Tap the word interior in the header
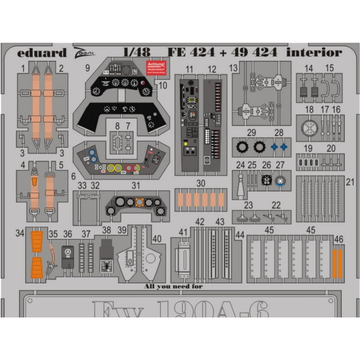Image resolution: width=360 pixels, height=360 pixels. click(x=315, y=52)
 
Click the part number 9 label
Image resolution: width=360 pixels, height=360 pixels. click(x=87, y=67)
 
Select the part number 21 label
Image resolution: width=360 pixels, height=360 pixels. click(x=350, y=181)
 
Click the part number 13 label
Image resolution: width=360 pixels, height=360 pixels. click(x=234, y=68)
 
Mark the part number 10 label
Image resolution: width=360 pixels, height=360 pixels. click(x=164, y=84)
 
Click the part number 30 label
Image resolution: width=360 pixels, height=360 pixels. click(x=201, y=183)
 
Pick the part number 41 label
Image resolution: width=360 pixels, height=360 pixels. click(x=183, y=232)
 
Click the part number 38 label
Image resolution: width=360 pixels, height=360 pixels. click(x=106, y=230)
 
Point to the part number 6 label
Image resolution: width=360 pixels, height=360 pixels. click(x=74, y=176)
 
